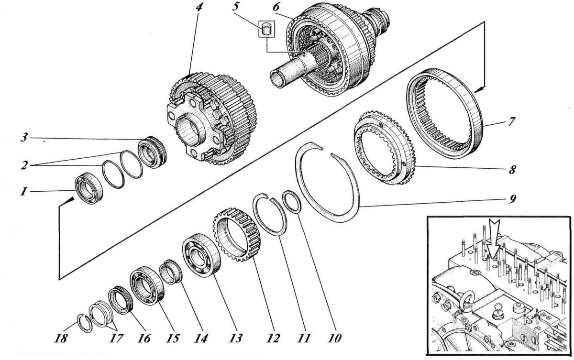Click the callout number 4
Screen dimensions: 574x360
point(199,8)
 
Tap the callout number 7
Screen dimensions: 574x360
point(511,121)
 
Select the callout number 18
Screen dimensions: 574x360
point(61,338)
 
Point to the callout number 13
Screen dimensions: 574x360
point(236,338)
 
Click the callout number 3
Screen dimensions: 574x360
point(24,138)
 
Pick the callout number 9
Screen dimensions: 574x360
point(511,199)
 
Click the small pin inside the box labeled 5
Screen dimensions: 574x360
point(266,30)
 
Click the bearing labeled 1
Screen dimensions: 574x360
point(88,188)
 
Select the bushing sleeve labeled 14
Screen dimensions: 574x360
point(171,272)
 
